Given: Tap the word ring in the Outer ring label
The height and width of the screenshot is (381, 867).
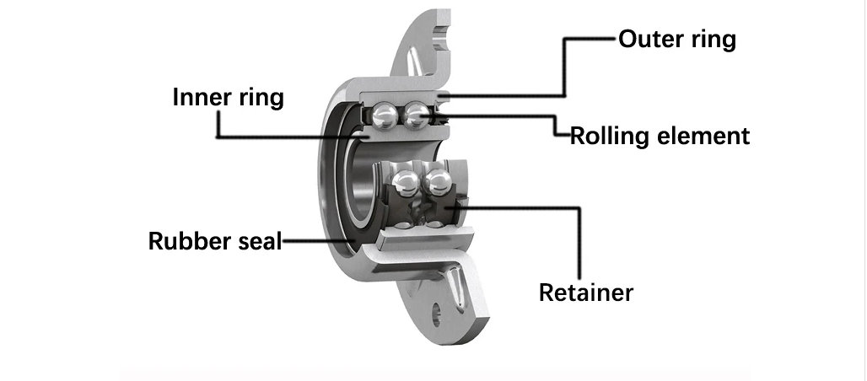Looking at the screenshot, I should point(713,40).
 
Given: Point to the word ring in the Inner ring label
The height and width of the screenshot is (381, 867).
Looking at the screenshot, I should point(259,98).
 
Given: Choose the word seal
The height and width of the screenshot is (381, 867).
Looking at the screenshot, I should point(256,241).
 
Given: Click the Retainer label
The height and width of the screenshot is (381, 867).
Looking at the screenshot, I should point(585,292).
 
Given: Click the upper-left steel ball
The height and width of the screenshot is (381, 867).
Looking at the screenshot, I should point(385,115).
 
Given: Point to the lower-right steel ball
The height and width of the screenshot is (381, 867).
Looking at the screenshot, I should point(436,182).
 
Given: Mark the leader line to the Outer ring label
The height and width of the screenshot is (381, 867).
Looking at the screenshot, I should point(565,67).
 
